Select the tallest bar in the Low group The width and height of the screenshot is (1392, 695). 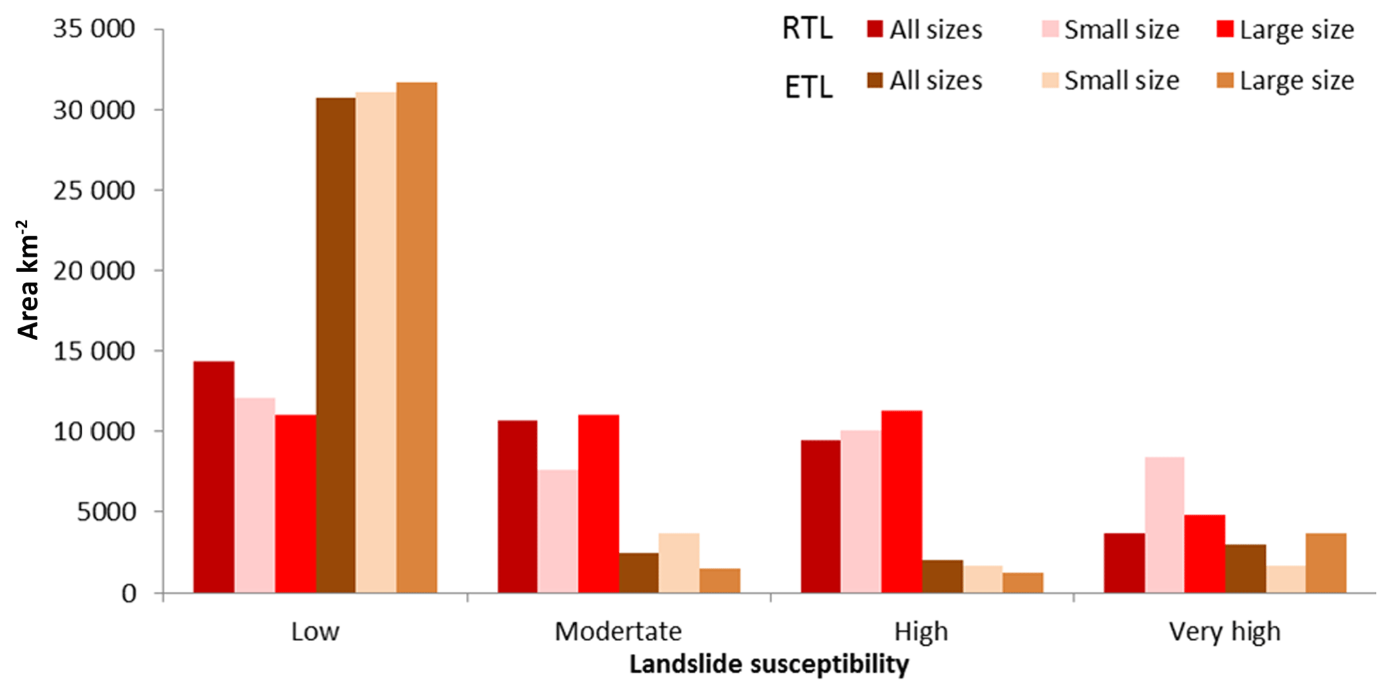[416, 337]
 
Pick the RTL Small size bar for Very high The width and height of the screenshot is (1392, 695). [1164, 525]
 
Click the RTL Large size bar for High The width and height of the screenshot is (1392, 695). [902, 502]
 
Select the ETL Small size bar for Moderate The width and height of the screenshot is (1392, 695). [679, 563]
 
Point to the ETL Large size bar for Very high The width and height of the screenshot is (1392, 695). [1326, 563]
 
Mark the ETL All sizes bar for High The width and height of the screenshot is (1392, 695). [942, 576]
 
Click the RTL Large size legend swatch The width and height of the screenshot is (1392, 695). [1225, 29]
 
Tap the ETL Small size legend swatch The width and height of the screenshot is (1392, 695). [1050, 81]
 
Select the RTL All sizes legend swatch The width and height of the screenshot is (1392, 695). [875, 29]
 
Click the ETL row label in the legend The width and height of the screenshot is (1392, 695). [808, 88]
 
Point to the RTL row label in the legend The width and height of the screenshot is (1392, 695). [807, 29]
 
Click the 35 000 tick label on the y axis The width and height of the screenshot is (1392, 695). [94, 29]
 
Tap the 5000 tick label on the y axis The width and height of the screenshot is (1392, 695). [106, 512]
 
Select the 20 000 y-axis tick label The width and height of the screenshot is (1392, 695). [94, 271]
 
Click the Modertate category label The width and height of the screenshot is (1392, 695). [618, 632]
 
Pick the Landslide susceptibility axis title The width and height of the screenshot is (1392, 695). [769, 665]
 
